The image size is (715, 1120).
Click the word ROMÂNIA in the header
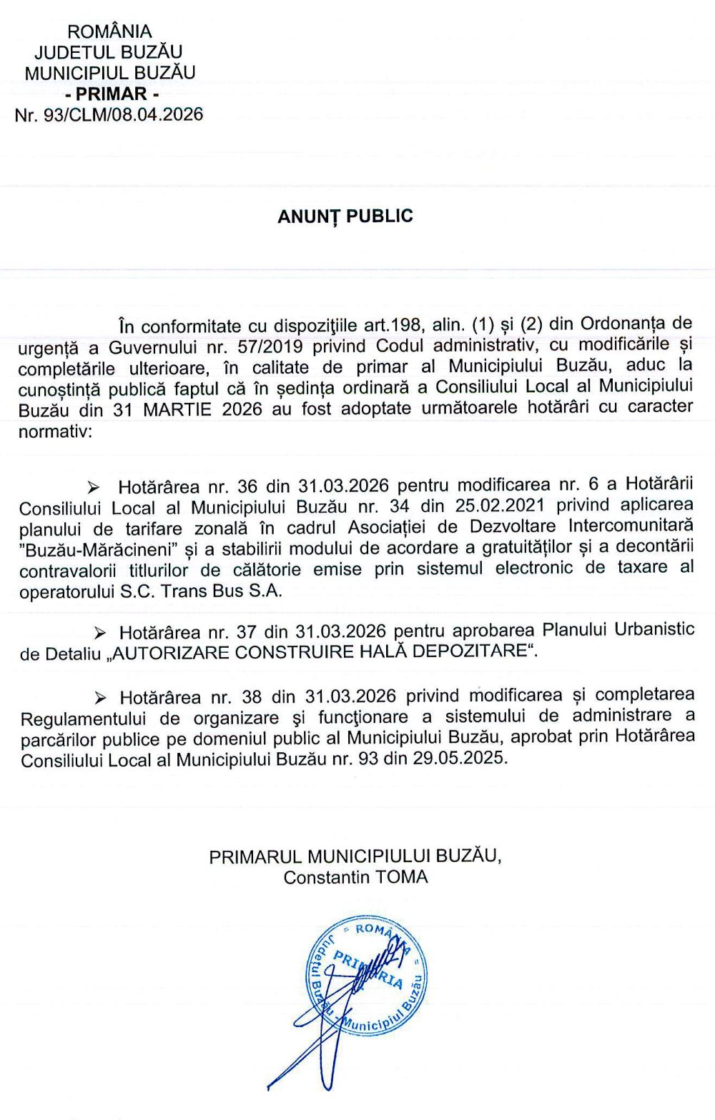(109, 31)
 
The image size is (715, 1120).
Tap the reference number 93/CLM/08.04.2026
(123, 114)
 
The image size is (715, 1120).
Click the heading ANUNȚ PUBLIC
(345, 216)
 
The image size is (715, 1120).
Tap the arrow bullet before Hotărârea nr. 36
(93, 488)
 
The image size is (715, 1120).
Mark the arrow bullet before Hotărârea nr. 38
(100, 698)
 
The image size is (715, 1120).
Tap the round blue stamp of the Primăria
(366, 976)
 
